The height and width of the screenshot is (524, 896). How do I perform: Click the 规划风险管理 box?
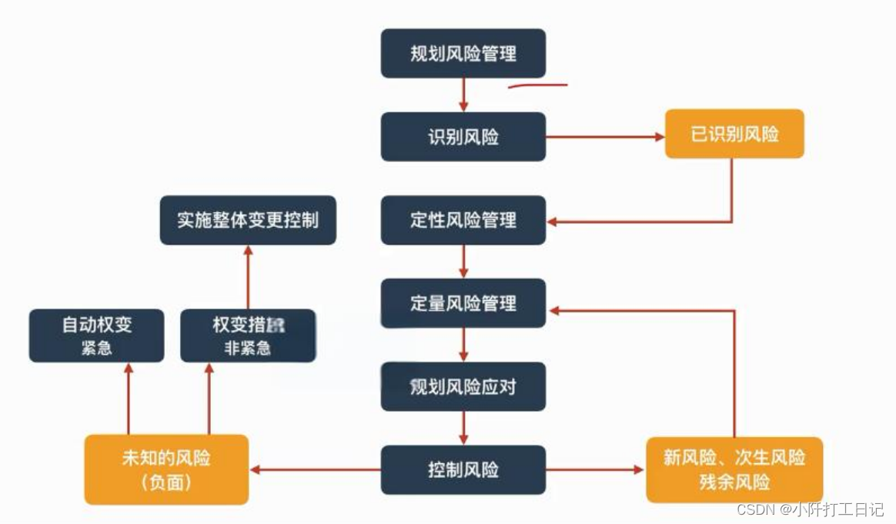463,54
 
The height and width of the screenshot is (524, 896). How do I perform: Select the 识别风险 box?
463,137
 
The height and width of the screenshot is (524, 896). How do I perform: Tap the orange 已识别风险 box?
734,134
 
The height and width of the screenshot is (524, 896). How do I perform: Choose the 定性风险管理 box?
463,220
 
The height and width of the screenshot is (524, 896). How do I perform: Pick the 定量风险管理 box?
463,303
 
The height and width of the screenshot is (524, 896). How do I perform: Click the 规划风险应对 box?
463,386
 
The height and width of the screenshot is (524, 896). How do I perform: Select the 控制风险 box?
463,469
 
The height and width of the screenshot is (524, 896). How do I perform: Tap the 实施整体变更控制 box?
248,220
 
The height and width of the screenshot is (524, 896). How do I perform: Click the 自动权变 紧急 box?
96,335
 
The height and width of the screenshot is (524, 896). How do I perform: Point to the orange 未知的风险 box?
166,469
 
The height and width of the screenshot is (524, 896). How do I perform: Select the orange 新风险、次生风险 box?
734,469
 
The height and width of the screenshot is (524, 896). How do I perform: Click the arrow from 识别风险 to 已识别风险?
605,137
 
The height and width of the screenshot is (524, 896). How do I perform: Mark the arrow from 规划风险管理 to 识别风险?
463,95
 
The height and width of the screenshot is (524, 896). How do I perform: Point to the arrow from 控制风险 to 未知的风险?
315,469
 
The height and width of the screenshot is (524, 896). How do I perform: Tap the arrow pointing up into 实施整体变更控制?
248,277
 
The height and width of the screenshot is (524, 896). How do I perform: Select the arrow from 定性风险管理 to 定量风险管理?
463,261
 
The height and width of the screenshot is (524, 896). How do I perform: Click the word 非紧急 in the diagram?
248,349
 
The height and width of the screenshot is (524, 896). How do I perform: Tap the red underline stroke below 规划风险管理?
537,85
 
